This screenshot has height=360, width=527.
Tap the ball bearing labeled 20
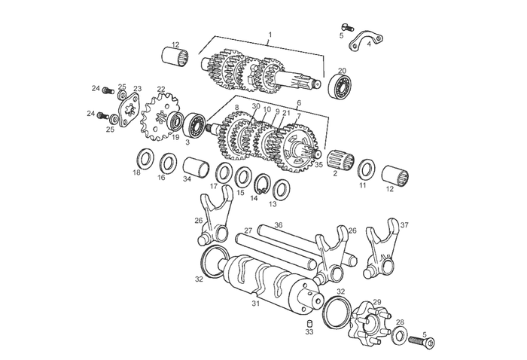(340, 87)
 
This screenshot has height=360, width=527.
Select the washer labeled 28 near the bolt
(400, 335)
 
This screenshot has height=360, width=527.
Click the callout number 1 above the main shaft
(270, 35)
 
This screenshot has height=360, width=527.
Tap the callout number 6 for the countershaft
(299, 103)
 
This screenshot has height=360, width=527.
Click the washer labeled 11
(367, 169)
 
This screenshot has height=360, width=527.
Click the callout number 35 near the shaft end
(318, 165)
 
